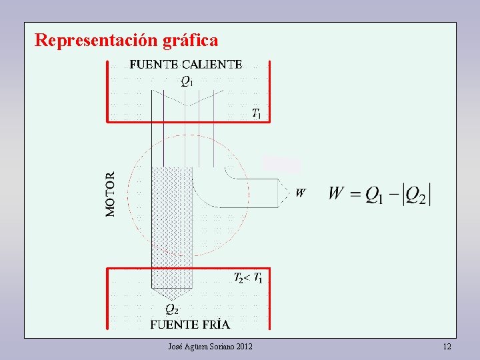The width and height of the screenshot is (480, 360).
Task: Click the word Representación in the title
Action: pyautogui.click(x=96, y=41)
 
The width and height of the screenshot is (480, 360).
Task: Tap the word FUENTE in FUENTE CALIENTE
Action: pyautogui.click(x=153, y=65)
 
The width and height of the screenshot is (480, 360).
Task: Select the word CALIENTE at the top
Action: pyautogui.click(x=211, y=65)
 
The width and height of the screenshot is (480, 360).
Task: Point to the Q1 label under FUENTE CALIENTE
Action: pyautogui.click(x=187, y=81)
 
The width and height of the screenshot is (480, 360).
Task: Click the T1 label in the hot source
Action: pyautogui.click(x=256, y=113)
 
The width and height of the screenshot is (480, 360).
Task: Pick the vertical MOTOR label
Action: pyautogui.click(x=111, y=194)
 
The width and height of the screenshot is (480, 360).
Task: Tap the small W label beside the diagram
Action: pyautogui.click(x=301, y=193)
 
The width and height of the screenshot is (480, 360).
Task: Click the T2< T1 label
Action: pyautogui.click(x=247, y=277)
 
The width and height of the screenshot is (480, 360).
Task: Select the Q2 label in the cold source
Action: pyautogui.click(x=171, y=309)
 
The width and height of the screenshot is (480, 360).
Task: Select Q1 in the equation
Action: pyautogui.click(x=375, y=195)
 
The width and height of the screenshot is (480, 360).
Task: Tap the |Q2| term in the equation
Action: pyautogui.click(x=417, y=195)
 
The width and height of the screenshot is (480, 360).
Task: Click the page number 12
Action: pyautogui.click(x=447, y=347)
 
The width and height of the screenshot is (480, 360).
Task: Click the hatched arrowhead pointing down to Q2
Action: pyautogui.click(x=171, y=293)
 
